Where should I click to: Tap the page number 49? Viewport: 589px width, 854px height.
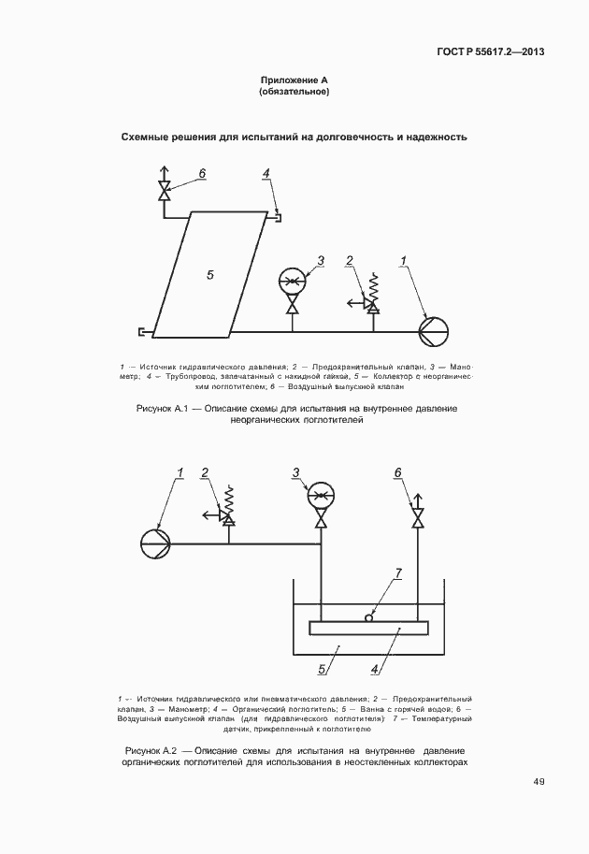coord(539,782)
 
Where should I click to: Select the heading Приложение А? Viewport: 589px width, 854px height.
coord(294,81)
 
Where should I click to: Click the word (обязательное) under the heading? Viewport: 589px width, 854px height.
coord(294,94)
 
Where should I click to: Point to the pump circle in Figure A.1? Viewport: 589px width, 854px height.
coord(433,330)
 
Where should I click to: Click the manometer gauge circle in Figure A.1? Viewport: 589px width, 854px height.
coord(293,281)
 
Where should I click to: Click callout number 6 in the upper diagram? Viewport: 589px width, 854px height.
coord(201,174)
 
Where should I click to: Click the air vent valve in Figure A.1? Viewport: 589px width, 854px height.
coord(165,194)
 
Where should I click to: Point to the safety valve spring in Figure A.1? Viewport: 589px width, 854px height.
coord(373,281)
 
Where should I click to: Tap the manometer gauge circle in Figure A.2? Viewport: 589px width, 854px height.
coord(321,495)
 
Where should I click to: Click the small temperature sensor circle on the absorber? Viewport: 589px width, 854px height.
coord(370,616)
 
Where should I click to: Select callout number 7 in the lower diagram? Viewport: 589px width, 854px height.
coord(398,572)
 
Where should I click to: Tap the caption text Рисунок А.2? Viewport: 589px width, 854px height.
coord(151,751)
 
